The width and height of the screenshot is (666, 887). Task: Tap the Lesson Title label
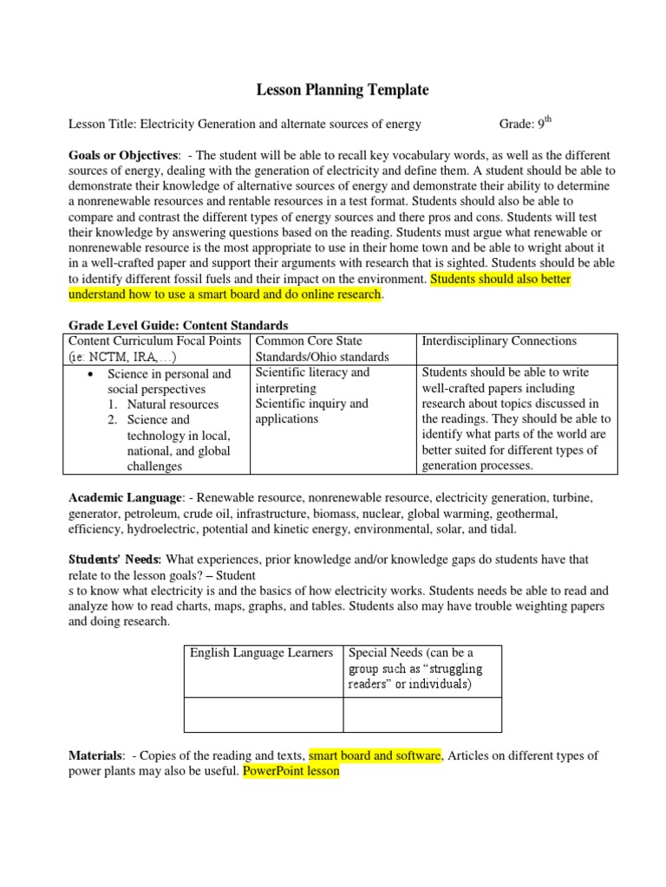[x=102, y=124]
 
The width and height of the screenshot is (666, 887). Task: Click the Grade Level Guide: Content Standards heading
[x=178, y=326]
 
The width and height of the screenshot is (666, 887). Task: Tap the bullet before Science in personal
[x=92, y=374]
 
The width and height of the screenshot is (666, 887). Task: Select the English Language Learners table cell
[x=262, y=652]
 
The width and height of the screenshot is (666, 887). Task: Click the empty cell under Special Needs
[x=422, y=715]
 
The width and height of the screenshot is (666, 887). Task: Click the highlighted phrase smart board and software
[x=375, y=755]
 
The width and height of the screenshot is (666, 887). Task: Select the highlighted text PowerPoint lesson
[x=291, y=771]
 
